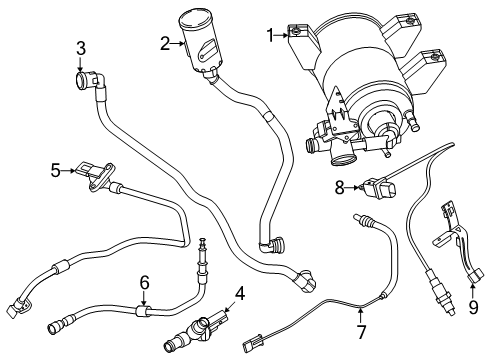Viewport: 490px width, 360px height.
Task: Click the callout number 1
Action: [x=268, y=35]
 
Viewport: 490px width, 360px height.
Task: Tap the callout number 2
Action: [x=164, y=43]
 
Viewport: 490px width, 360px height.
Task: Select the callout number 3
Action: [x=81, y=47]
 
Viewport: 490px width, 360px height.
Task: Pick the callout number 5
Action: [x=57, y=170]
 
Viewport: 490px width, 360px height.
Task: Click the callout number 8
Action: [x=339, y=185]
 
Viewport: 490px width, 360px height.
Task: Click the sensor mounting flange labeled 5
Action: [x=97, y=175]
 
